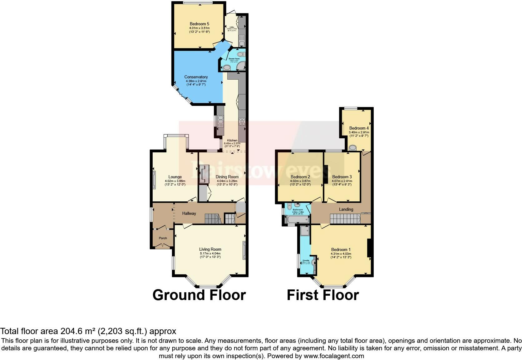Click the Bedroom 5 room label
[x=199, y=24]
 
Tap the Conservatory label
[x=196, y=77]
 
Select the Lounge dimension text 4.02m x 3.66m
[x=175, y=181]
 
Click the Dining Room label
[x=227, y=177]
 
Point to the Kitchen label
[x=232, y=141]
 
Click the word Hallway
[x=189, y=213]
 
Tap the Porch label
[x=163, y=238]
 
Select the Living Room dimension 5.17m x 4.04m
[x=210, y=253]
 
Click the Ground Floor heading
[x=199, y=295]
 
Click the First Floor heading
[x=323, y=295]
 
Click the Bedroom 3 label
[x=342, y=177]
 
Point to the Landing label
[x=346, y=209]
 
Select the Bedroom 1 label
[x=341, y=249]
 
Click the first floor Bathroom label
[x=298, y=210]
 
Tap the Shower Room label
[x=234, y=59]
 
